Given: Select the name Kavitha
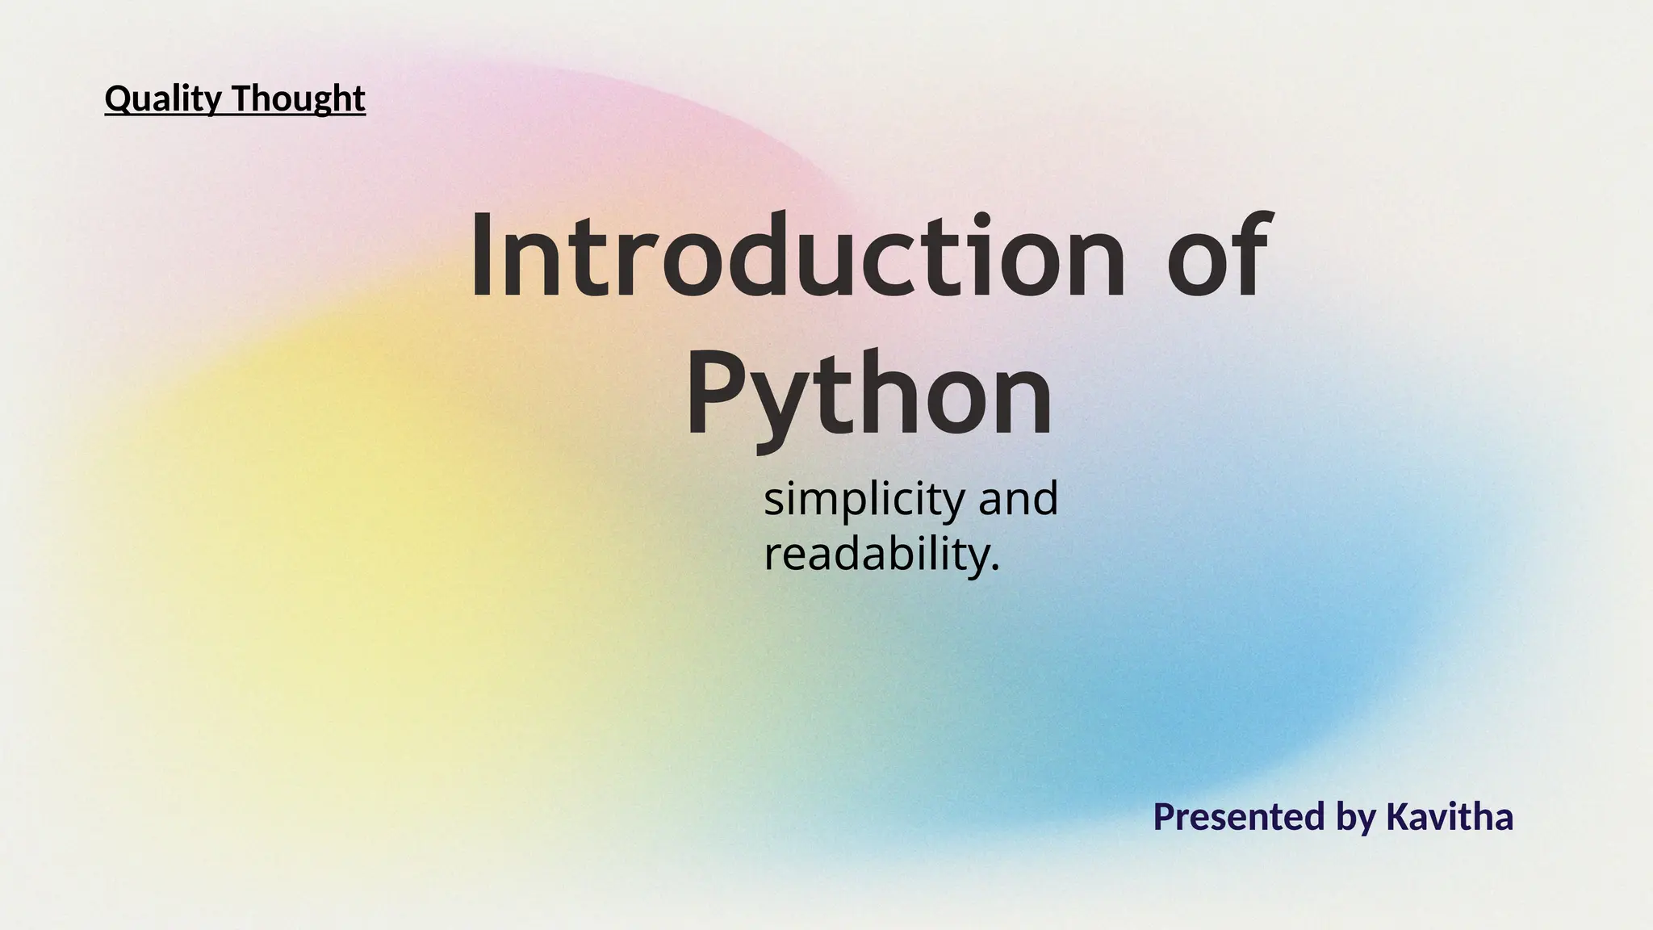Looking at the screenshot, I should (1449, 817).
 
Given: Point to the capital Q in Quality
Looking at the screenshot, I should (118, 98).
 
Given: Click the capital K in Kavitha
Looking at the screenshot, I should (1398, 817).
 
